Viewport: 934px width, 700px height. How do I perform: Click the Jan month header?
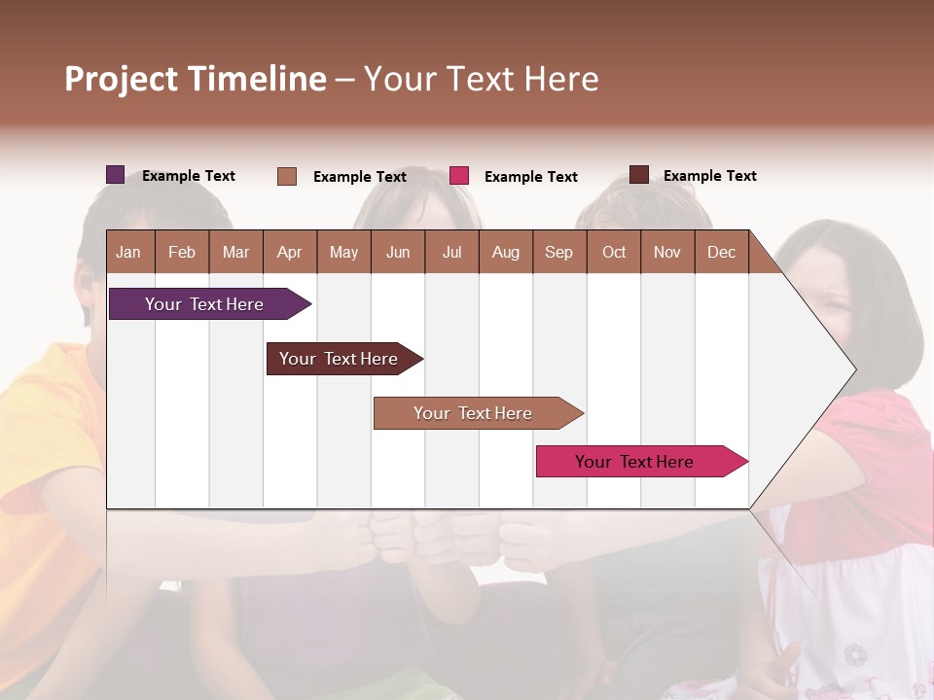tap(129, 252)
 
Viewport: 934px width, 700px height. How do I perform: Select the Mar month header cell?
tap(235, 252)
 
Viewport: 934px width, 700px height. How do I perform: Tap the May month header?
tap(343, 252)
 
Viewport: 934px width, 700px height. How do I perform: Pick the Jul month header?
tap(451, 252)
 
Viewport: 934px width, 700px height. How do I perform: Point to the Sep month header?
tap(558, 252)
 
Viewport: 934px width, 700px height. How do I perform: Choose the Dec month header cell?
tap(721, 252)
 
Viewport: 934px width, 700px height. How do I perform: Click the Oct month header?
tap(614, 252)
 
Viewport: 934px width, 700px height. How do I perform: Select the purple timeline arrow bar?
tap(204, 304)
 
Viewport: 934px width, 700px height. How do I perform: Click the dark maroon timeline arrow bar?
tap(339, 359)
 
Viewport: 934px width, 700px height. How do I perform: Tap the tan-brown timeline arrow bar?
tap(473, 413)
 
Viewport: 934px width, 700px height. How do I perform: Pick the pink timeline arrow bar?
tap(634, 462)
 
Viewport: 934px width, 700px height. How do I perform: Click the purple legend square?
tap(116, 175)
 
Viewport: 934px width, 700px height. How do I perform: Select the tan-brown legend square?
tap(287, 176)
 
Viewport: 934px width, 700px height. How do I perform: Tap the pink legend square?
tap(459, 176)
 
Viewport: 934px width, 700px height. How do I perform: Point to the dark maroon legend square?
tap(639, 175)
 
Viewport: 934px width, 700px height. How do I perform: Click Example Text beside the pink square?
tap(531, 177)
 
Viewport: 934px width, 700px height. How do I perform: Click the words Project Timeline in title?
tap(196, 79)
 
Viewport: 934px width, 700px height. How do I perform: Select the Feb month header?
tap(182, 252)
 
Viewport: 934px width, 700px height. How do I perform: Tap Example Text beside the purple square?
tap(189, 176)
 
